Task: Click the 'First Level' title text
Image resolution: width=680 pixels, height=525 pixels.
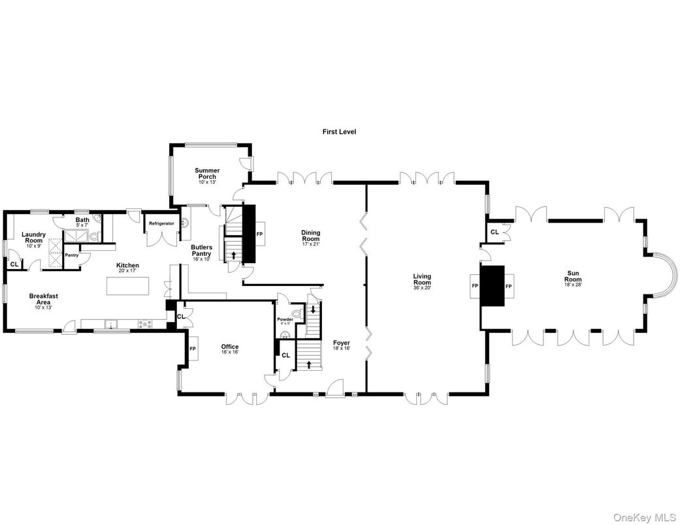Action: (339, 131)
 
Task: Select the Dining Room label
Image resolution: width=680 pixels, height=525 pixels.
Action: (310, 236)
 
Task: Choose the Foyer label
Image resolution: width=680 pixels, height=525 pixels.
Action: (342, 345)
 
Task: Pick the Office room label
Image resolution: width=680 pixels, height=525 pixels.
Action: (229, 349)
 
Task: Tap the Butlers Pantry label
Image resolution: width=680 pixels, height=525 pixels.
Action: (201, 250)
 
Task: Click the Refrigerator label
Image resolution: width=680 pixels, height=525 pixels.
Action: (161, 223)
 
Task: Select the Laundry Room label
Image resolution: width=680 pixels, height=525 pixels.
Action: (33, 237)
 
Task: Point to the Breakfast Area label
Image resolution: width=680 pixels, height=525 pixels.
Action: (44, 299)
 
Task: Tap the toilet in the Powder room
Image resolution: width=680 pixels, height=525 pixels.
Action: (298, 315)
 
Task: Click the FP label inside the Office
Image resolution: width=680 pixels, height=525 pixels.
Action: (193, 349)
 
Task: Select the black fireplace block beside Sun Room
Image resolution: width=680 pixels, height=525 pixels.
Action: (493, 285)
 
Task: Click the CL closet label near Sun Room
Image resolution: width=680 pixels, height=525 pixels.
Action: (494, 232)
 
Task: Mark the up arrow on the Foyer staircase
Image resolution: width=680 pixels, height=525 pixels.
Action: (308, 363)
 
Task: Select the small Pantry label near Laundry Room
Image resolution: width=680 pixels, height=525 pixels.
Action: (71, 255)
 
